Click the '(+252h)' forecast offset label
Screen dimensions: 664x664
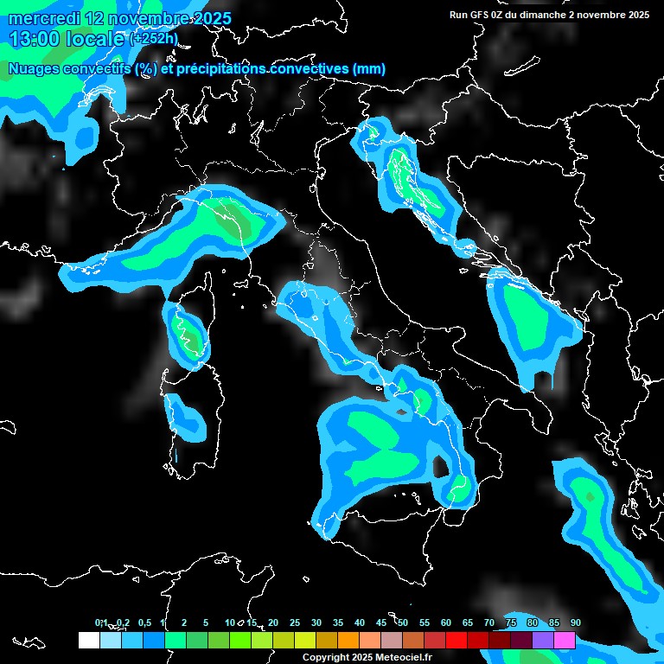pyautogui.click(x=155, y=39)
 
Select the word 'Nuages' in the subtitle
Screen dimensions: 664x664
pyautogui.click(x=38, y=69)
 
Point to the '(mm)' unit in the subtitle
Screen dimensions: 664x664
pyautogui.click(x=368, y=69)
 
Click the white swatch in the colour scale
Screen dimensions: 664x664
pyautogui.click(x=88, y=641)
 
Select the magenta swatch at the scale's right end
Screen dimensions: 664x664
pyautogui.click(x=564, y=641)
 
